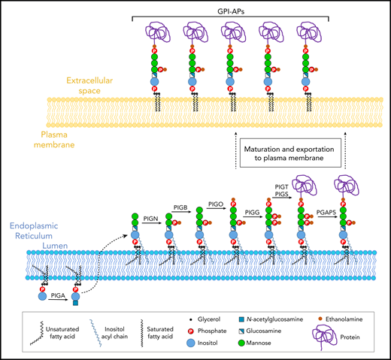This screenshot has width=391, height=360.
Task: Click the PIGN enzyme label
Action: pos(150,217)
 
